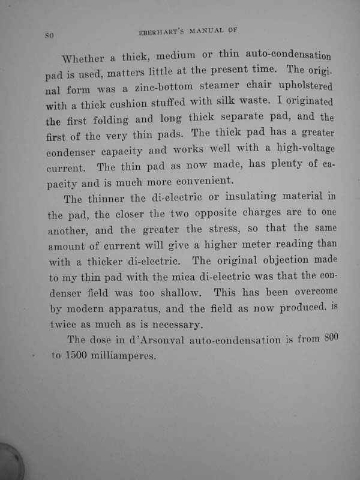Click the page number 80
50,36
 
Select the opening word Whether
83,59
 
